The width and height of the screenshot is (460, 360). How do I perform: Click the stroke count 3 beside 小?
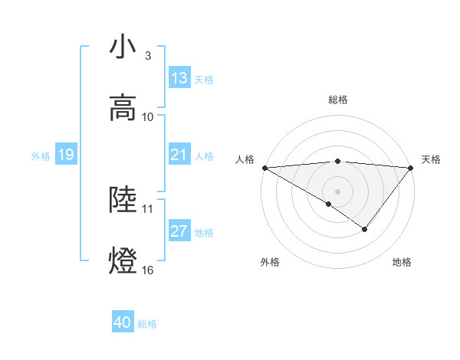click(x=148, y=56)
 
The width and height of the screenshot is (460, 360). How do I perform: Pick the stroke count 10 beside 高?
click(x=148, y=117)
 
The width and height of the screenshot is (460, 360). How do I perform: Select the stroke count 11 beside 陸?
click(x=148, y=208)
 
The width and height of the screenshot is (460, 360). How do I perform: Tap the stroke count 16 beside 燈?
click(x=148, y=270)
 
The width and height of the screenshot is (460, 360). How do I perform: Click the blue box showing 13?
click(x=179, y=78)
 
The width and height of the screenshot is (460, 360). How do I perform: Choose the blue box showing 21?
click(x=179, y=155)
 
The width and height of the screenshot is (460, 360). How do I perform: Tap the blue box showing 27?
click(x=179, y=231)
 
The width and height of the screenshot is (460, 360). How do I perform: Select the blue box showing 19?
click(x=65, y=155)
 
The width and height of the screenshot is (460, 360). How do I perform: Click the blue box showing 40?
click(x=123, y=323)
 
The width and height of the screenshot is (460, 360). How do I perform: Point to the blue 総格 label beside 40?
click(x=148, y=324)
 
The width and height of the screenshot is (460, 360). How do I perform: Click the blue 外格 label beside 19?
click(x=41, y=155)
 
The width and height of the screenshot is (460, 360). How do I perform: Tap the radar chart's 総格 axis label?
click(x=337, y=100)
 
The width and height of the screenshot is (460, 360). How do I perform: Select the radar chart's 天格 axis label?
click(x=432, y=159)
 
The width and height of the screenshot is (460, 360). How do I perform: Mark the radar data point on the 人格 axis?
click(x=264, y=168)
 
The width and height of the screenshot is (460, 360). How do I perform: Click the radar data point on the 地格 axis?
click(x=365, y=229)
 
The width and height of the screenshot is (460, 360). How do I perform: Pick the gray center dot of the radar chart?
click(x=337, y=191)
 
